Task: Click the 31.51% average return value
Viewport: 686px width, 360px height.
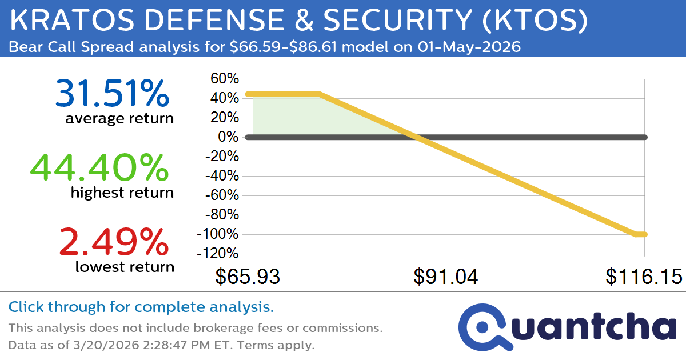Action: (112, 94)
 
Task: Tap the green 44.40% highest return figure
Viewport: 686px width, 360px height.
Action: (99, 168)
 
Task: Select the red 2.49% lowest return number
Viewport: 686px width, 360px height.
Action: (114, 241)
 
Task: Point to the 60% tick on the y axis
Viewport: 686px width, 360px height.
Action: (224, 79)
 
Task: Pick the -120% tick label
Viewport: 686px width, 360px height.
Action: (217, 254)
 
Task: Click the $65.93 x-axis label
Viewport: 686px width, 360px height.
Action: (248, 277)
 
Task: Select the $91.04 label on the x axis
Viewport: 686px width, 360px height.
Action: (446, 277)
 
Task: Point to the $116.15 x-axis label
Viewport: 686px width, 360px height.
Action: (644, 277)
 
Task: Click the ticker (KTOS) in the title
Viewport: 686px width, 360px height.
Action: (536, 22)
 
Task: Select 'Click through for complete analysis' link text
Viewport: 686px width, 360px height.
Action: (141, 307)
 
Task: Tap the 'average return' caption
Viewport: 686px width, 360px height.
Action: (119, 119)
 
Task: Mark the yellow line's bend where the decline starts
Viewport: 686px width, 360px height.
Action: (318, 94)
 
